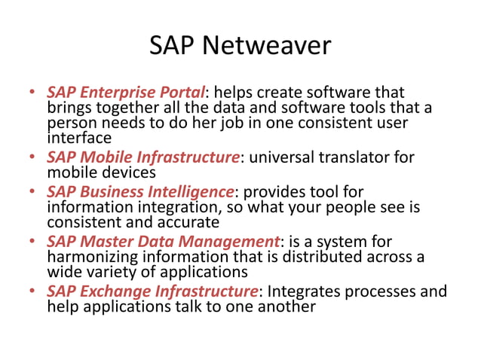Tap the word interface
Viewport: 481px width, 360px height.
click(79, 138)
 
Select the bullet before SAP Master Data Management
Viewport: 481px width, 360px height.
click(32, 242)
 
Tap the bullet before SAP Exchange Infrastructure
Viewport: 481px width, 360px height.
click(32, 292)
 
